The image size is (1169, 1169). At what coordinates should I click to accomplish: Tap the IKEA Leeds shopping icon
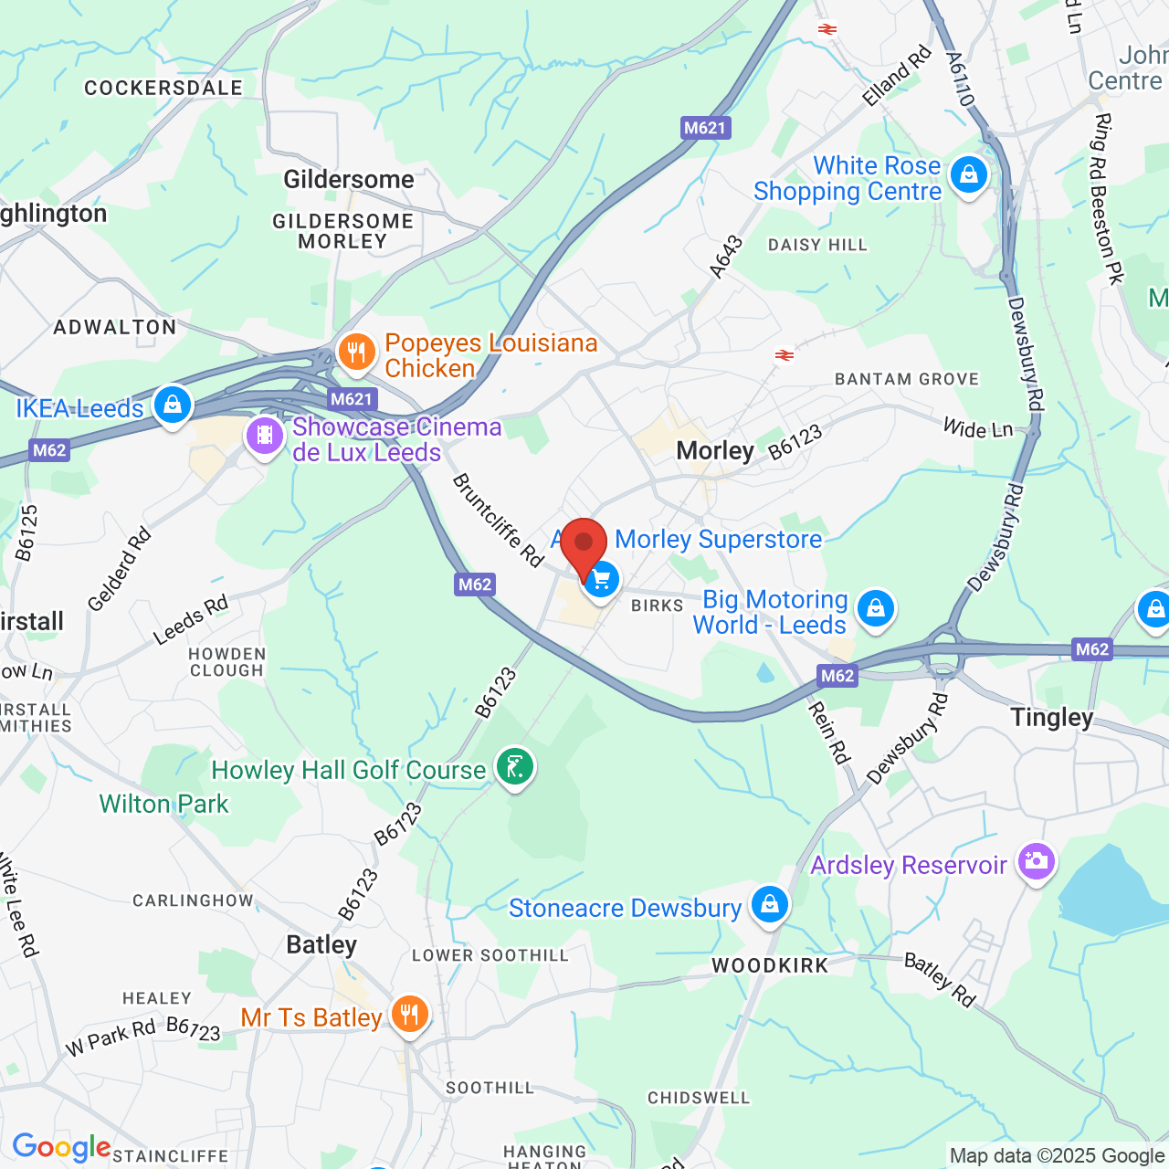[172, 404]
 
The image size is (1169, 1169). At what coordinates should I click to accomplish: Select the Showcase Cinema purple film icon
[265, 436]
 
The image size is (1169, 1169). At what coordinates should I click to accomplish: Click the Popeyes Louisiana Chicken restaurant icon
[356, 352]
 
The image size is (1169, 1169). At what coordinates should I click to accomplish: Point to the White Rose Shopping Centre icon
[968, 174]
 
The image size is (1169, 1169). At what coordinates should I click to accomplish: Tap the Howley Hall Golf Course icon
[515, 767]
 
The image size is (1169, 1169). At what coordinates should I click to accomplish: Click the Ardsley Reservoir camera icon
[1036, 860]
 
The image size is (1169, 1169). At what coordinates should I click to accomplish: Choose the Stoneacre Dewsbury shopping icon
[769, 904]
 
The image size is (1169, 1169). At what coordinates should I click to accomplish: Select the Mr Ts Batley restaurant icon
[409, 1014]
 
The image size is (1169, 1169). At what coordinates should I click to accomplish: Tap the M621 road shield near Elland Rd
[706, 128]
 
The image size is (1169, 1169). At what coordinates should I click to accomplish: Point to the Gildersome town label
[349, 179]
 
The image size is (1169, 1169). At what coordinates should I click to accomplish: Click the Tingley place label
[1051, 718]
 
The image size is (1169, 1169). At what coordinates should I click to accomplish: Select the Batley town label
[321, 944]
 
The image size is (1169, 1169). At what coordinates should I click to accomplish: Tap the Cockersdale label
[163, 88]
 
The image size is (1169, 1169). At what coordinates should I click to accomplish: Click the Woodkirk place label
[770, 965]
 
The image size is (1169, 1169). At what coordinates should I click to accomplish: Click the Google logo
[61, 1147]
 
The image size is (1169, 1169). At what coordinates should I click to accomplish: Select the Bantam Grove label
[907, 379]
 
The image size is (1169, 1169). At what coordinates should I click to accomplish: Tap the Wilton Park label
[163, 804]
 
